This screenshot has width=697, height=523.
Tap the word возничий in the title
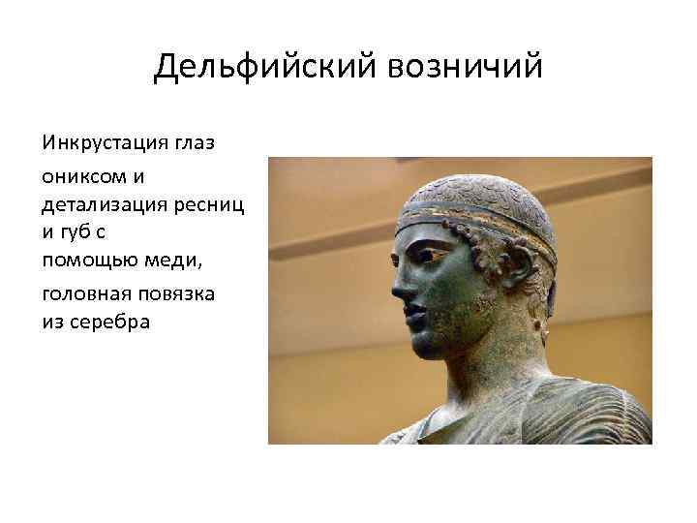coord(466,68)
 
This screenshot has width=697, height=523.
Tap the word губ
coord(78,234)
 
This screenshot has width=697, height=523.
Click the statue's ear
coord(519,267)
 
